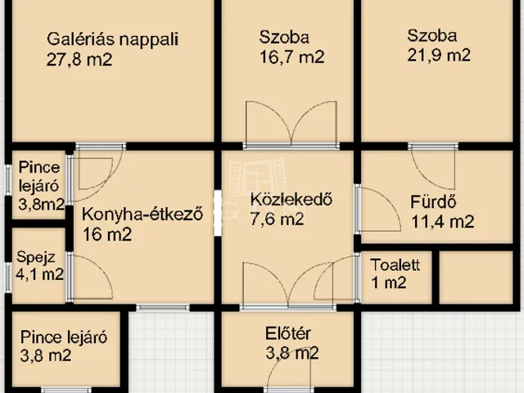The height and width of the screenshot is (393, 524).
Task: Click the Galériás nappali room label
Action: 113,38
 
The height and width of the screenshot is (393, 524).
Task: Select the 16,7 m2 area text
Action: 291,57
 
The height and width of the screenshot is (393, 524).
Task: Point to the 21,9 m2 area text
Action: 439,56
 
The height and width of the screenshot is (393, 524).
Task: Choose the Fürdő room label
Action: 432,202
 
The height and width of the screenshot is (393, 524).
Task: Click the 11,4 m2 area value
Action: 442,221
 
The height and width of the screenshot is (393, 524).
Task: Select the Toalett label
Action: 395,264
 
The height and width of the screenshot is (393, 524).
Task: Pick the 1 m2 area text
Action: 388,283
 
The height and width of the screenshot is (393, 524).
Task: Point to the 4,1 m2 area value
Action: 40,274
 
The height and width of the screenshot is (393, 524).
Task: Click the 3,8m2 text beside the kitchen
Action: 41,206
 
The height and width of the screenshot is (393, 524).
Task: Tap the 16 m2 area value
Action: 106,234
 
